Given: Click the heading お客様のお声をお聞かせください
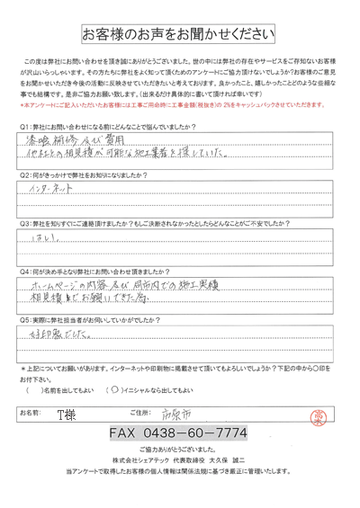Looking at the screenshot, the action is (x=180, y=36).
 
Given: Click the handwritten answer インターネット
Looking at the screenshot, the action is (x=54, y=192).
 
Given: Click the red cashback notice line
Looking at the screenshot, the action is (x=171, y=104).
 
